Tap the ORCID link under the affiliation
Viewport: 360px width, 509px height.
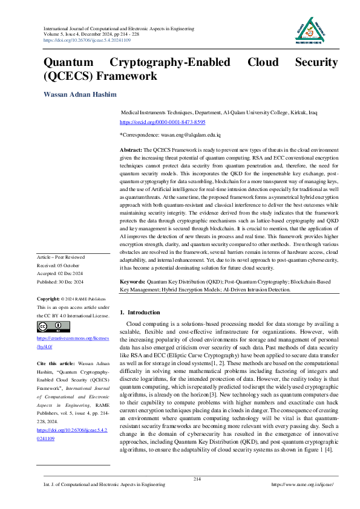coord(159,122)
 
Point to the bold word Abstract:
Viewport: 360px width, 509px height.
coord(131,149)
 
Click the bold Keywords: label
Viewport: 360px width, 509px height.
coord(133,282)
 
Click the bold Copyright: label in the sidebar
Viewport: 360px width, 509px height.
coord(48,299)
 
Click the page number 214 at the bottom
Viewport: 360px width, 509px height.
coord(197,479)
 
